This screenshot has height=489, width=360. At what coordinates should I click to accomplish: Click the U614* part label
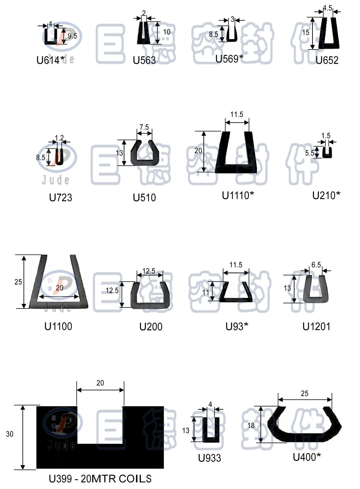[51, 60]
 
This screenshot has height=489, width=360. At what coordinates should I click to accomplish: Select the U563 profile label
[144, 60]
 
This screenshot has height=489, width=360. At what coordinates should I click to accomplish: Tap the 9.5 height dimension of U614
[72, 36]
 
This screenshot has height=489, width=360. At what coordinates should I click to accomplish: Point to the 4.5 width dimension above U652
[328, 8]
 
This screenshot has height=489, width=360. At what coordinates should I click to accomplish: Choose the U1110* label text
[238, 196]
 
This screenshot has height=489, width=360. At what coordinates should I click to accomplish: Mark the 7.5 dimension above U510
[144, 127]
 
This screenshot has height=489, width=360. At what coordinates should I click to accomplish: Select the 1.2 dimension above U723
[59, 138]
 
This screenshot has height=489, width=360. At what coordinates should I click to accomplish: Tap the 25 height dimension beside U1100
[18, 282]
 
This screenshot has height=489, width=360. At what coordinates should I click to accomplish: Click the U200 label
[151, 327]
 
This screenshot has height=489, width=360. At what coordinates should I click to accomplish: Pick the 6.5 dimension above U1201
[316, 265]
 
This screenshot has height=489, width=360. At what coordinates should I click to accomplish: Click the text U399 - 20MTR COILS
[100, 479]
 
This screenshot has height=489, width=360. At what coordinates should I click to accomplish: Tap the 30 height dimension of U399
[10, 434]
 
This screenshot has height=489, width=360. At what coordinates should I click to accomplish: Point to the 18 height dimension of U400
[251, 425]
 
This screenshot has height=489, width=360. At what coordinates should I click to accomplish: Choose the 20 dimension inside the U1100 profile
[59, 288]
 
